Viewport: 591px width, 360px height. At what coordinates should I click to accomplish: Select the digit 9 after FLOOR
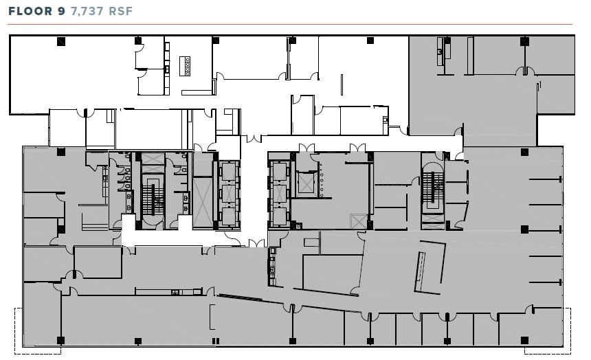(x=60, y=11)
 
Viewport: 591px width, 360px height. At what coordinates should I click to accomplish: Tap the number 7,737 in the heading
(x=88, y=11)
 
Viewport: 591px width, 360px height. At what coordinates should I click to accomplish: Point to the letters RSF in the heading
(x=121, y=11)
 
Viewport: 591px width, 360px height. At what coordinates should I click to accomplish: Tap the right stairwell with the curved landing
(x=432, y=189)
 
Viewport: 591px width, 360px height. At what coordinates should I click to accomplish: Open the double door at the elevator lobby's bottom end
(x=256, y=243)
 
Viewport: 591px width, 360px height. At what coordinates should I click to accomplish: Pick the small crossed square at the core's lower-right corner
(x=357, y=222)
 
